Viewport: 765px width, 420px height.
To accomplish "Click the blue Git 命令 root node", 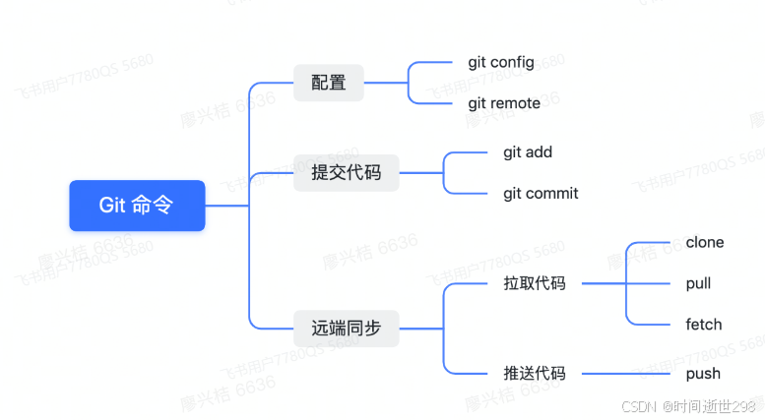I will pos(137,206).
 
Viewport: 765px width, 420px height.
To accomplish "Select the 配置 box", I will pos(329,83).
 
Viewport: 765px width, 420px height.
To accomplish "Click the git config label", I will pos(501,62).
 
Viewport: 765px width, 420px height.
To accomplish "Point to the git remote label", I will pos(504,103).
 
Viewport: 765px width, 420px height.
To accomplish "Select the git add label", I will pos(528,152).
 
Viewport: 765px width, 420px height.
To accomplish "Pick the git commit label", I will pos(541,193).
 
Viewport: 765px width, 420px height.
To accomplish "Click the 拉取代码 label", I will pos(535,283).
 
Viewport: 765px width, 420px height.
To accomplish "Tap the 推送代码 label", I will pos(535,373).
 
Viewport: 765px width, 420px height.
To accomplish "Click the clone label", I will pos(705,242).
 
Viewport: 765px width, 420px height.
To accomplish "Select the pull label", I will pos(698,283).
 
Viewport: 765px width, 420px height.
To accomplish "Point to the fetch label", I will pos(704,325).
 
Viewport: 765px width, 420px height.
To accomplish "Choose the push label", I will pos(703,373).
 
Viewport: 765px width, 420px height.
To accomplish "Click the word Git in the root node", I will pos(112,206).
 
